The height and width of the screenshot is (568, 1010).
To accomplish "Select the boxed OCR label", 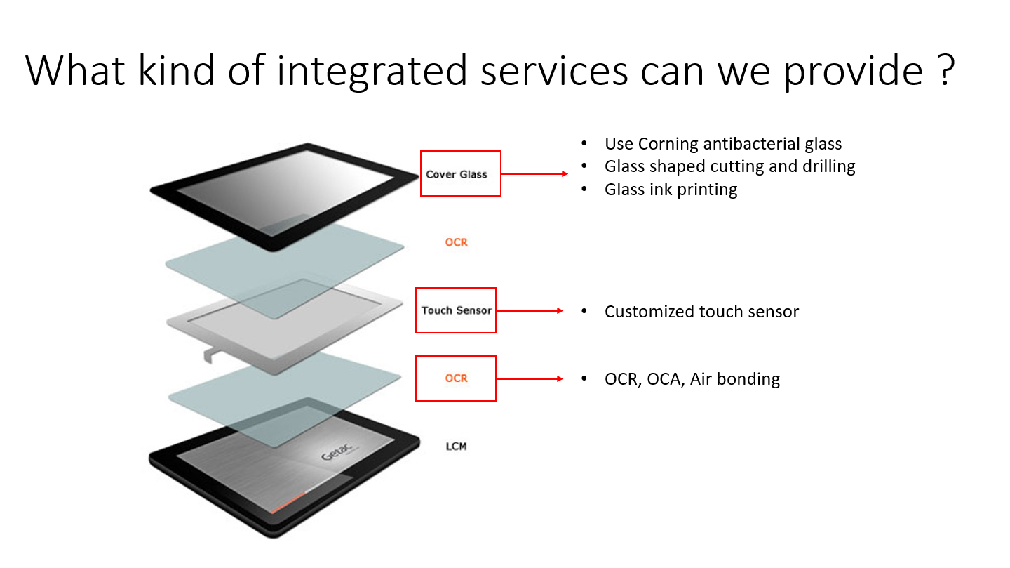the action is pos(456,378).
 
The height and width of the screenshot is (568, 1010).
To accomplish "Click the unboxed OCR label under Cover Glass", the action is pos(457,242).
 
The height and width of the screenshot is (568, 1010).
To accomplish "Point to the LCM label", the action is pos(457,447).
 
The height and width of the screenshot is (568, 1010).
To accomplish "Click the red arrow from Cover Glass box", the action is pos(534,174).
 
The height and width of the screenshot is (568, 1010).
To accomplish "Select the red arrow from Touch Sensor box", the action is pos(530,310).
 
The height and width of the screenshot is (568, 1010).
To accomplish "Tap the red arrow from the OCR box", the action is pos(530,379).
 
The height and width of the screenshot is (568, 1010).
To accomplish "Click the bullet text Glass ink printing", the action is pos(671,190).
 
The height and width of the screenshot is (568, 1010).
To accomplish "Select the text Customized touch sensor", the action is pos(701,312).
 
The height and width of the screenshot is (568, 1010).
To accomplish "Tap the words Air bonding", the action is pos(735,379).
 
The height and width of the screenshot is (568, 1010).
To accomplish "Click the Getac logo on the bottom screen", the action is pos(337,451).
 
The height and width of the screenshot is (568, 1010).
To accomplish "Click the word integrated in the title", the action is pos(372,72).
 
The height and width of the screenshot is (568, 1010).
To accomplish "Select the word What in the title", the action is pos(74,70).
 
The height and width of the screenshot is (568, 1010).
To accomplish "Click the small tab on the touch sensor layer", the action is pos(209,355).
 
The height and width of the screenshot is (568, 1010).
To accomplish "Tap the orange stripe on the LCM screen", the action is pos(288,503).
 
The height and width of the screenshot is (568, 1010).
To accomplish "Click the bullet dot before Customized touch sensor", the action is pos(584,310).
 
